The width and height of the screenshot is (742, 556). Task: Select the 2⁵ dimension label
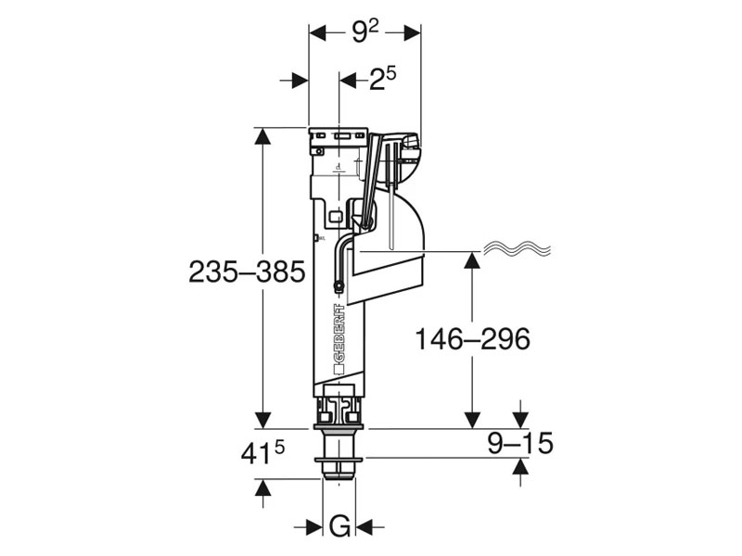382,81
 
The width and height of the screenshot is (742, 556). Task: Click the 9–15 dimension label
520,444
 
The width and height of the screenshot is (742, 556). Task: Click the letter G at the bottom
339,526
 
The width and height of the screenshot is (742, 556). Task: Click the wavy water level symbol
517,249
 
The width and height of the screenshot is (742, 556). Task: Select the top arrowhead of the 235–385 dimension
263,137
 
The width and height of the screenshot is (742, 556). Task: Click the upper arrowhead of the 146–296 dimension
472,261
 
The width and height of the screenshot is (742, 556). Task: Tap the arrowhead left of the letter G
313,526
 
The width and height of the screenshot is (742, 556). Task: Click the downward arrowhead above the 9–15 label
520,418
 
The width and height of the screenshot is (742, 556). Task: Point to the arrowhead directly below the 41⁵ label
263,489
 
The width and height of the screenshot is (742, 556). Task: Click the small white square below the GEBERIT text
339,368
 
